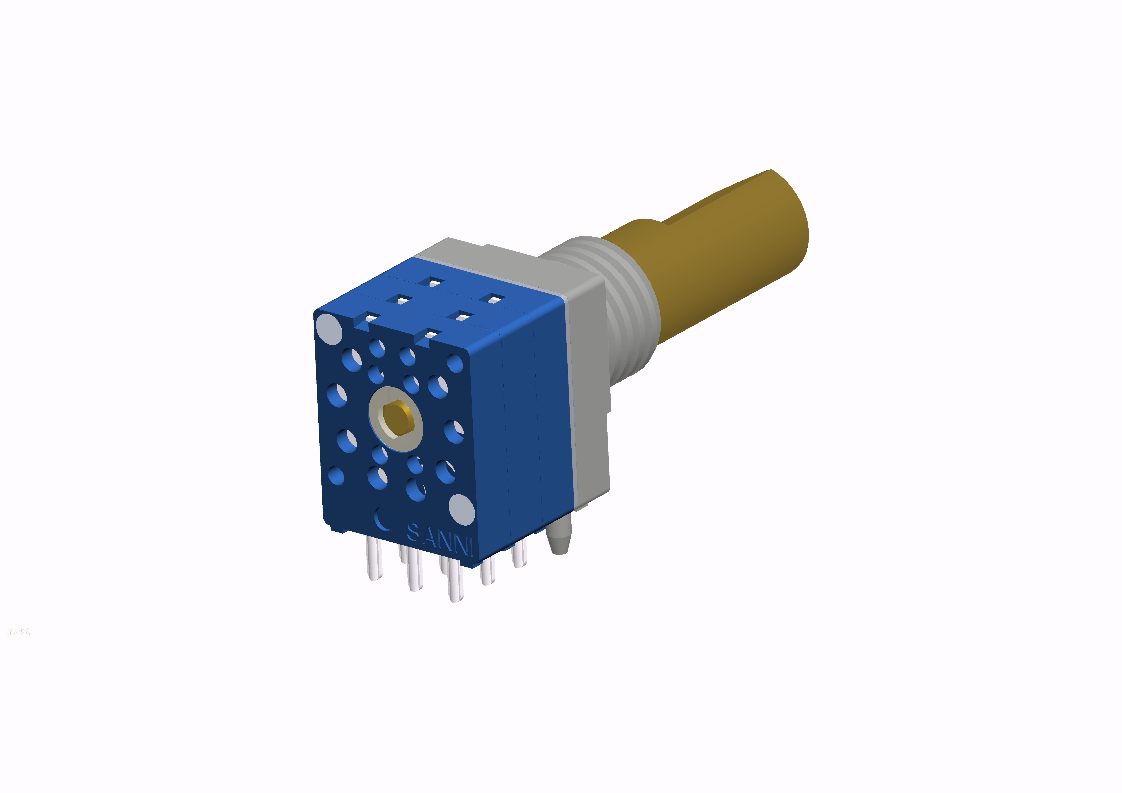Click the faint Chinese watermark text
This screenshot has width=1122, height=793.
coord(19,632)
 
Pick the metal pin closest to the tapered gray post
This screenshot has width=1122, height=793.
coord(519,555)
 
